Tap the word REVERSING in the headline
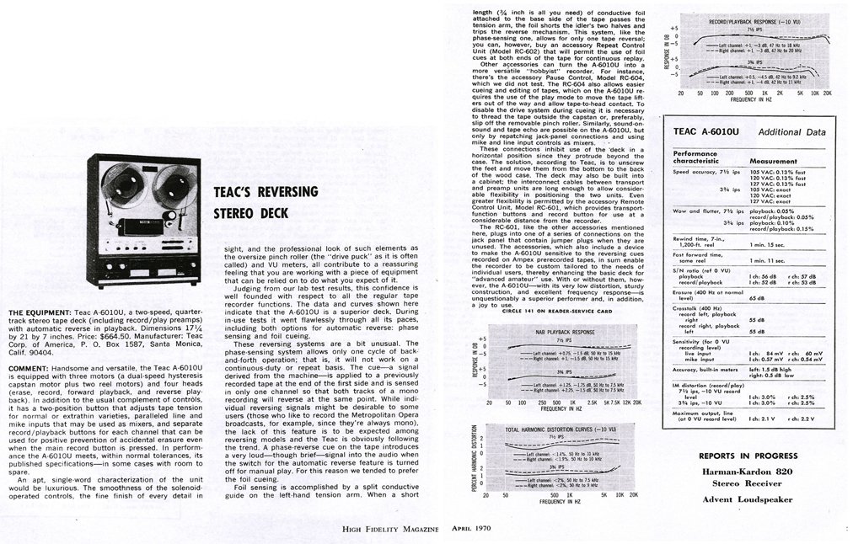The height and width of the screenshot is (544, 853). point(266,192)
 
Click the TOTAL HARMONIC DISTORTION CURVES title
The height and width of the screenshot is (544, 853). point(561,429)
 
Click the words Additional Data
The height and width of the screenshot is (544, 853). point(791,132)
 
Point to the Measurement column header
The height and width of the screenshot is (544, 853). point(773,160)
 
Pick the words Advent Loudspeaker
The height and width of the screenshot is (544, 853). point(748,499)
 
